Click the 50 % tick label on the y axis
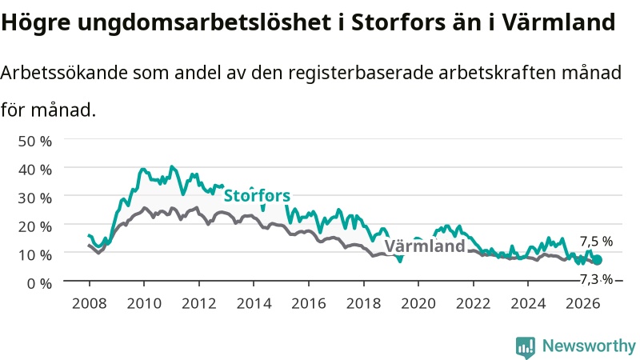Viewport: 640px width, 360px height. [35, 142]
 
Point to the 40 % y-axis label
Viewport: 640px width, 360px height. [35, 170]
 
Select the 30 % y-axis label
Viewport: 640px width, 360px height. [35, 198]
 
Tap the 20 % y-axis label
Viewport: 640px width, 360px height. [35, 226]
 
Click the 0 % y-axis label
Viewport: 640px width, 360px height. [39, 283]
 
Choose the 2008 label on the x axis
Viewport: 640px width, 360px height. [90, 303]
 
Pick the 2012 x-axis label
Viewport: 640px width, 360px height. [198, 303]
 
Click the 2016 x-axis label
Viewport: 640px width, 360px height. [309, 303]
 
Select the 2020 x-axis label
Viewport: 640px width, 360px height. [418, 303]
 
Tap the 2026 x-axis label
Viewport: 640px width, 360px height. [583, 303]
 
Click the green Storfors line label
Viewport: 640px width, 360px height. [257, 195]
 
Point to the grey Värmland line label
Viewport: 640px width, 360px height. [425, 246]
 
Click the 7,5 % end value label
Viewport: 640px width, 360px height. [596, 242]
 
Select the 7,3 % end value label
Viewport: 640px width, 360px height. [596, 279]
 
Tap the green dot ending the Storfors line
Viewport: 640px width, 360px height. [597, 259]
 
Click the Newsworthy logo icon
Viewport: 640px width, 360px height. [526, 347]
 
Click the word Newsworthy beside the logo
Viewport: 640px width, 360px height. [589, 346]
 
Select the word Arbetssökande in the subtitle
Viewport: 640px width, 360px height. [64, 73]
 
